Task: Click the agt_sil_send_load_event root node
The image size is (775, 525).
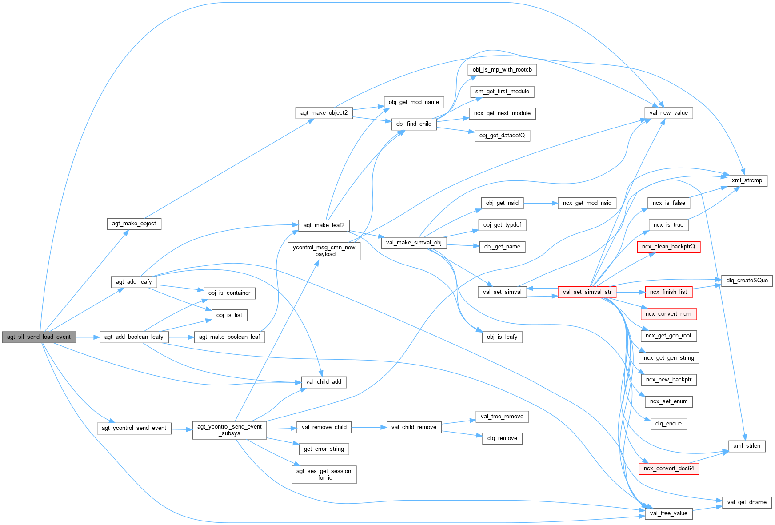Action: (x=39, y=337)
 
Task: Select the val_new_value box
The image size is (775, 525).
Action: (x=668, y=113)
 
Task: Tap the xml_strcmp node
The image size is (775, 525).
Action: (x=747, y=180)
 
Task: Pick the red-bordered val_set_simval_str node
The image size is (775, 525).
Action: (x=587, y=292)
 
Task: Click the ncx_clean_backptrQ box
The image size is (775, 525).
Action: (x=668, y=247)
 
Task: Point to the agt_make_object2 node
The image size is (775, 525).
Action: (x=324, y=113)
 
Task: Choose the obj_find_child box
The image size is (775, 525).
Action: (x=414, y=124)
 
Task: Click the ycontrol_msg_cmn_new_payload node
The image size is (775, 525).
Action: (x=324, y=251)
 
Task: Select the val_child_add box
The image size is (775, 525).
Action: (x=324, y=382)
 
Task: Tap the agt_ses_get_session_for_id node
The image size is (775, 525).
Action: (x=324, y=474)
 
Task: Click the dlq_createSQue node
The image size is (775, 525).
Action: (x=747, y=281)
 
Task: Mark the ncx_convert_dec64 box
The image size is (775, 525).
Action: (x=668, y=469)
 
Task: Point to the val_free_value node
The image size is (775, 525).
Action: (x=668, y=513)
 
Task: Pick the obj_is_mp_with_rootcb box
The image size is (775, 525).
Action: (x=502, y=70)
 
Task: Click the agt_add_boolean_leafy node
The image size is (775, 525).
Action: (x=134, y=337)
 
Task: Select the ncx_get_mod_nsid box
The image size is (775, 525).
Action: (x=587, y=203)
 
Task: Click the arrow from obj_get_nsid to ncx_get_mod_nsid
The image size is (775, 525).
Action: (x=540, y=203)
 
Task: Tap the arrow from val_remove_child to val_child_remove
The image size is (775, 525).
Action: (x=369, y=427)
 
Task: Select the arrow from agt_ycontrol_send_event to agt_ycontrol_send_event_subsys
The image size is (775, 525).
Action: (x=181, y=429)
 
